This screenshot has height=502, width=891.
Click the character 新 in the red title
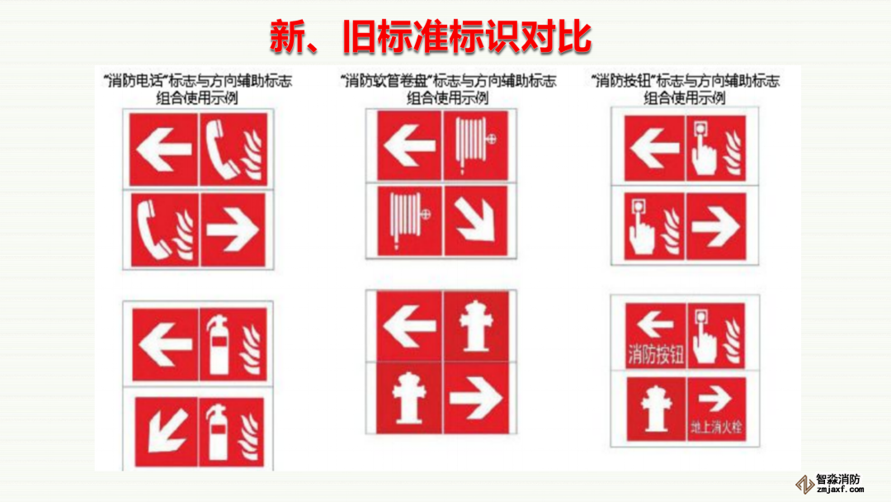[x=288, y=37]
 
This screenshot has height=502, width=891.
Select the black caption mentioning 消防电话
[x=198, y=89]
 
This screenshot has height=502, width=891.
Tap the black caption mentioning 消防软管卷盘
[x=448, y=89]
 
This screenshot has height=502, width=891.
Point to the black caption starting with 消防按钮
[x=685, y=89]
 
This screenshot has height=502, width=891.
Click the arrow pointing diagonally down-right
[x=476, y=220]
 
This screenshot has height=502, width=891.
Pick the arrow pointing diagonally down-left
[x=167, y=431]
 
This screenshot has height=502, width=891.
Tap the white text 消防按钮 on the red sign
[x=656, y=355]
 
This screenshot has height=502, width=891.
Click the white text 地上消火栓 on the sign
[x=717, y=426]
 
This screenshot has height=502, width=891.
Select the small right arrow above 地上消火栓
[x=715, y=399]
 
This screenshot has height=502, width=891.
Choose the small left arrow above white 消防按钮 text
[x=655, y=324]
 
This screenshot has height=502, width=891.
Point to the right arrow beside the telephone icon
[x=233, y=230]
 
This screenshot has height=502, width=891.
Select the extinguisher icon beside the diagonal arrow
[x=219, y=432]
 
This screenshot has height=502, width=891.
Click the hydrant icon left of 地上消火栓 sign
[x=656, y=409]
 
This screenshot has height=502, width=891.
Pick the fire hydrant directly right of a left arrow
[x=476, y=326]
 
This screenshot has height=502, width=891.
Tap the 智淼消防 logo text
[x=838, y=480]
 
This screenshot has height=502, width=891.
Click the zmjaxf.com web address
[x=840, y=490]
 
